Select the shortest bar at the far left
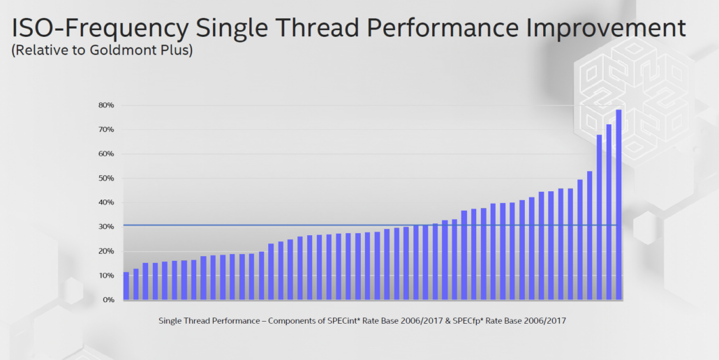126,286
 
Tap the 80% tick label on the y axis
106,105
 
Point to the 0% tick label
108,300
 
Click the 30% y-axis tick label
106,227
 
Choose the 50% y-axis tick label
106,179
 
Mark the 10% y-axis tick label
106,276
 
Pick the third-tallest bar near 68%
599,217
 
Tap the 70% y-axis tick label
106,130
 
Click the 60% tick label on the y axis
106,154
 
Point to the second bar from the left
136,284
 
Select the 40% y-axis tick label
106,203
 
